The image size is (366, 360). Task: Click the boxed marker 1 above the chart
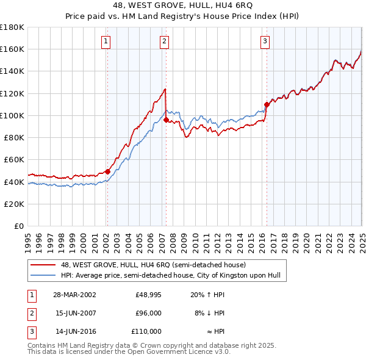(x=106, y=41)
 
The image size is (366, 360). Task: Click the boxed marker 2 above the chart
(x=165, y=41)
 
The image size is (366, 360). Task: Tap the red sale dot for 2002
(x=108, y=171)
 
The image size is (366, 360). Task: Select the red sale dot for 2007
(x=166, y=120)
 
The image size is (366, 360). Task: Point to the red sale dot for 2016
(x=267, y=104)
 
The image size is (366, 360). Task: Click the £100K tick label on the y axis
(x=12, y=115)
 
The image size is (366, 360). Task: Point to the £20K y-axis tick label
(x=14, y=204)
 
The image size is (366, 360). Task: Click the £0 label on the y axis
(x=18, y=226)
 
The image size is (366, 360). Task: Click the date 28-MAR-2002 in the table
(x=74, y=295)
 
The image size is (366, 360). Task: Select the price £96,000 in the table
(x=148, y=313)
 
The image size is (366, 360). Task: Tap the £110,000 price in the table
(x=146, y=331)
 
